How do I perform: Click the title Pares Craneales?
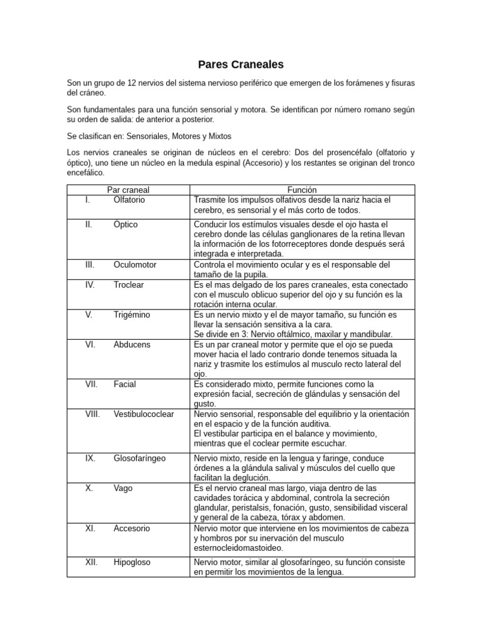click(241, 64)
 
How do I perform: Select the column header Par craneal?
click(128, 190)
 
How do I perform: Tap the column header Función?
click(302, 190)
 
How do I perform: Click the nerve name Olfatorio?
click(129, 200)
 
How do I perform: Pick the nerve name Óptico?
click(126, 224)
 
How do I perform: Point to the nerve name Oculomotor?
click(134, 264)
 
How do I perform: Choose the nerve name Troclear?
click(129, 284)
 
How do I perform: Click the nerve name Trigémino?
click(132, 315)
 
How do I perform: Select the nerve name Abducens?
click(132, 345)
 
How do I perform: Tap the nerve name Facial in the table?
click(125, 384)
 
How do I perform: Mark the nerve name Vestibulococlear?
click(144, 414)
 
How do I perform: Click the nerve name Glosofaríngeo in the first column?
click(139, 458)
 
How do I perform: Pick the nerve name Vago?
click(124, 489)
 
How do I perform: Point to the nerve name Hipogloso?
click(132, 563)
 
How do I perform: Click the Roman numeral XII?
click(91, 563)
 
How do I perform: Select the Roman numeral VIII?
click(92, 414)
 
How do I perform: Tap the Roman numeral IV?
click(90, 284)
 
